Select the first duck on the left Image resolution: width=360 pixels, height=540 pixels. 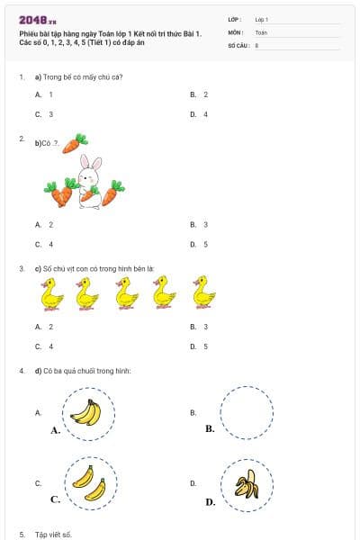coord(53,292)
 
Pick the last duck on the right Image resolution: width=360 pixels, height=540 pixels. coord(205,292)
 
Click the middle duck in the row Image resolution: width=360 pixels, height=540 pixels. coord(127,292)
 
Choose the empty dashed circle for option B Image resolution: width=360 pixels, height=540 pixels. coord(246,413)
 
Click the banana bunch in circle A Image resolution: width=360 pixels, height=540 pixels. coord(86,412)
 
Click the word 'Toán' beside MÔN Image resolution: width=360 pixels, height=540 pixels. coord(261,31)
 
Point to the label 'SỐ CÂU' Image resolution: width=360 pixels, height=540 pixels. coord(238,43)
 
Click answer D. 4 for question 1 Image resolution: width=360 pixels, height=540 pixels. coord(199,114)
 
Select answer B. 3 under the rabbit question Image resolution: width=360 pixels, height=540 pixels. coord(199,224)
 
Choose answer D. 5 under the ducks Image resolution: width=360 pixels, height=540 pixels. coord(199,346)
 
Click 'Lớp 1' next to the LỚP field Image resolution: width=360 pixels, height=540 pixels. coord(262,19)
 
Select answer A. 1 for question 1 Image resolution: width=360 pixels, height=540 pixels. coord(44,94)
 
